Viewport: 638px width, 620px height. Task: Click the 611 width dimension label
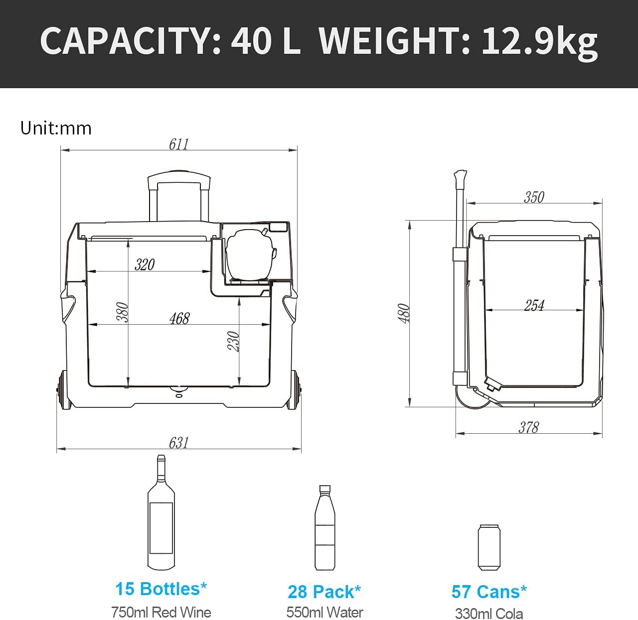coord(178,144)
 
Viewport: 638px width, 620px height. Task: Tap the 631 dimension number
coord(178,442)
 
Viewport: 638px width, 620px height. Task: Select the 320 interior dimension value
coord(145,264)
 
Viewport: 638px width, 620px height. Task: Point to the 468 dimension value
coord(179,318)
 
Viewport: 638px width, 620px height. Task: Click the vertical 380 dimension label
coord(123,312)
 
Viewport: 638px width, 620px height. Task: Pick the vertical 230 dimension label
coord(234,341)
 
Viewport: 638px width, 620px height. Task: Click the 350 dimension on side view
coord(534,197)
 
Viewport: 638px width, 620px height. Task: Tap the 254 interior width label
coord(534,305)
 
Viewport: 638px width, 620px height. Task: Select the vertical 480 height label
coord(404,313)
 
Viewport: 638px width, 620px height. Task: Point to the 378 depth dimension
coord(528,427)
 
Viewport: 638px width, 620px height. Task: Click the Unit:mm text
coord(56,128)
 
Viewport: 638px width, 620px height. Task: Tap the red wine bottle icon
coord(161,513)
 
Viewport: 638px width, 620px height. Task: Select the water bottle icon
coord(324,528)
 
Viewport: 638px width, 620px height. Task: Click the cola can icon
coord(488,547)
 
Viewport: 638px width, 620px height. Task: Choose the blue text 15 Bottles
coord(160,589)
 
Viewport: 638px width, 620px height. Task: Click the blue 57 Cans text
coord(488,592)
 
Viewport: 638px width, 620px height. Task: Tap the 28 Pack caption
coord(324,592)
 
